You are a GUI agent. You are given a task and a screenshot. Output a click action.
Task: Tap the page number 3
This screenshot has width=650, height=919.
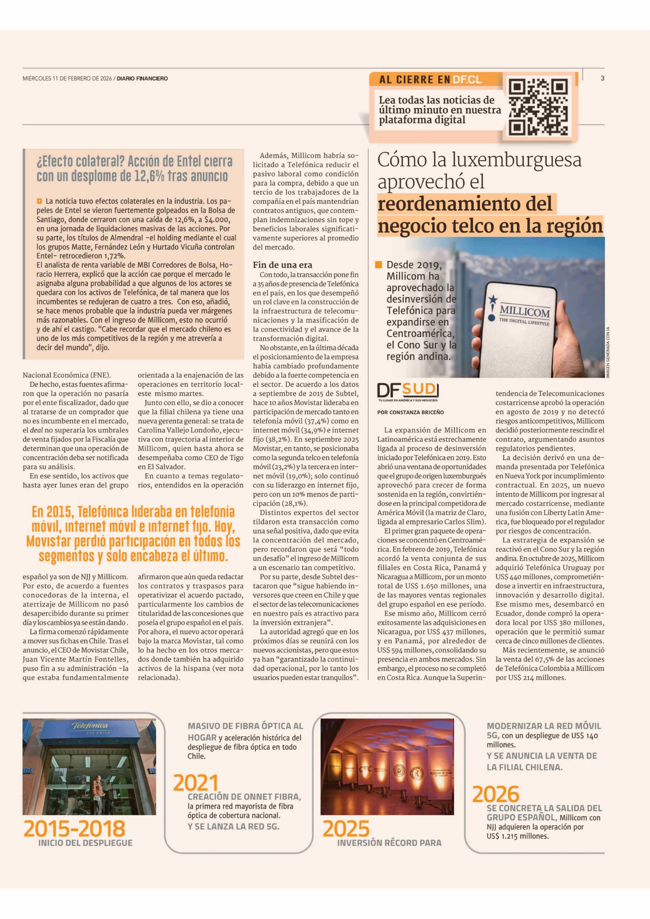tap(602, 78)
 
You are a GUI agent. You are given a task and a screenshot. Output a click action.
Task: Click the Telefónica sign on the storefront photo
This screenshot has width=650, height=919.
tap(90, 726)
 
